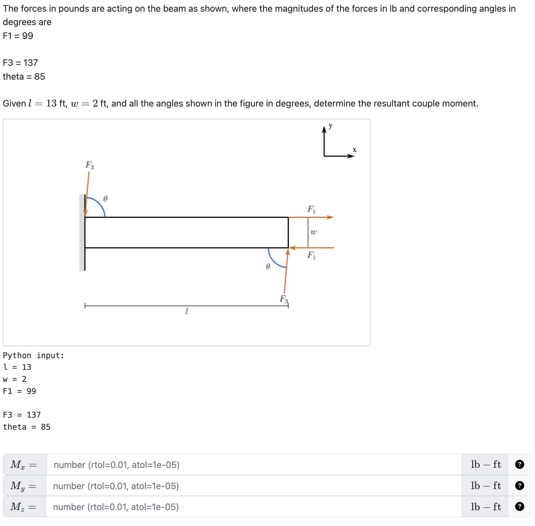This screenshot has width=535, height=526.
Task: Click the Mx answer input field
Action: [x=254, y=464]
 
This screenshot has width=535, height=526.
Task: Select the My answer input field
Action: [x=254, y=486]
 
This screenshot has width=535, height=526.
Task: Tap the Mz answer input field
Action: [x=254, y=507]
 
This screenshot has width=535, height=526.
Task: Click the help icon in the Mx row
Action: [x=519, y=464]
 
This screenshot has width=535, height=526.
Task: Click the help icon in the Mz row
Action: [x=519, y=507]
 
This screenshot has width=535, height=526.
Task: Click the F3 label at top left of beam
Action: [x=90, y=165]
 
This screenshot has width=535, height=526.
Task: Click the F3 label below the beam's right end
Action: [x=284, y=299]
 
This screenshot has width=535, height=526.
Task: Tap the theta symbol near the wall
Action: [x=105, y=199]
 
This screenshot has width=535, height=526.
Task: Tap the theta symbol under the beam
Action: [x=268, y=267]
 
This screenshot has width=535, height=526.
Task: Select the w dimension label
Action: [x=314, y=232]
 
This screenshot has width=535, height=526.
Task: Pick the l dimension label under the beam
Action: [x=187, y=311]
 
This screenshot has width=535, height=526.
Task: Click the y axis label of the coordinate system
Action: [x=331, y=126]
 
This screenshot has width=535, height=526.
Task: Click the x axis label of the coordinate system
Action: [x=354, y=150]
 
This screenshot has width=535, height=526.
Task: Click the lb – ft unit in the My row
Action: [x=486, y=486]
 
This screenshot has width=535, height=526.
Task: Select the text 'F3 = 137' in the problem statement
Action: [x=20, y=63]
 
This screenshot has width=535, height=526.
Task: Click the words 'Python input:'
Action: [x=34, y=355]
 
